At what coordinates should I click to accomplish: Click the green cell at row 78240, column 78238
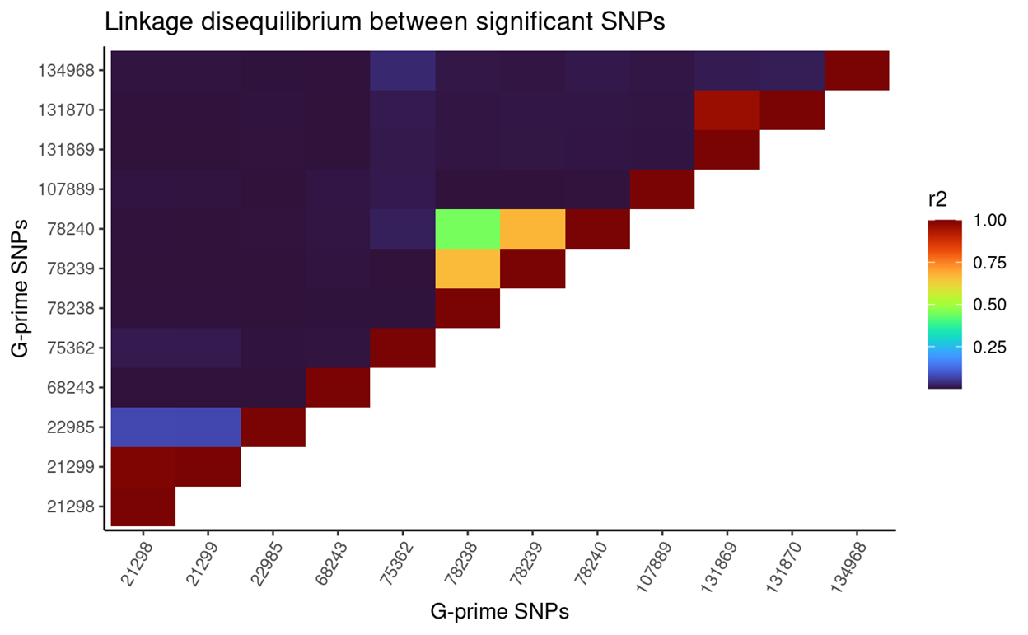(467, 228)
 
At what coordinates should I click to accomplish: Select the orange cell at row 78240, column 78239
(532, 228)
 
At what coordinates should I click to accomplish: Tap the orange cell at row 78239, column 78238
(467, 268)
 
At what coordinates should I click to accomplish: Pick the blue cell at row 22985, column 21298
(143, 427)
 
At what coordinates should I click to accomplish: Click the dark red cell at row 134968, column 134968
(857, 70)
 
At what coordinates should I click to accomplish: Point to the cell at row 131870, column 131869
(727, 110)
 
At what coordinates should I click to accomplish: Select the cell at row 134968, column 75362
(402, 70)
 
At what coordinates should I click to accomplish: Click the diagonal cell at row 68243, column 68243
(338, 387)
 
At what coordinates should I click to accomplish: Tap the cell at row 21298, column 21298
(143, 506)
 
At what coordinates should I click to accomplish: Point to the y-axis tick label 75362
(74, 348)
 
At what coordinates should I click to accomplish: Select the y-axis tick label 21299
(74, 466)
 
